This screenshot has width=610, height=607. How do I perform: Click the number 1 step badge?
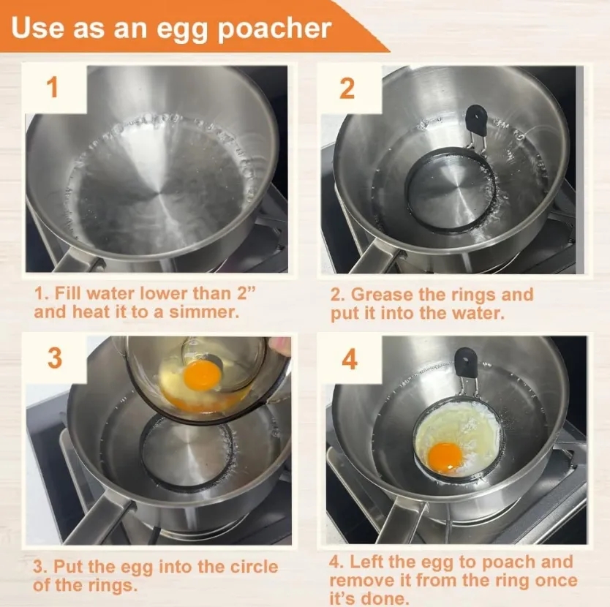pyautogui.click(x=52, y=88)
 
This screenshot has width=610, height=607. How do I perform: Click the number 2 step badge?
pyautogui.click(x=347, y=88)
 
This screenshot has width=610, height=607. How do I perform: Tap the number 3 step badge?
pyautogui.click(x=55, y=358)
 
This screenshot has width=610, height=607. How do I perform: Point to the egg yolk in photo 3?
pyautogui.click(x=201, y=374)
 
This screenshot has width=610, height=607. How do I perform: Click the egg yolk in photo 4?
pyautogui.click(x=445, y=456)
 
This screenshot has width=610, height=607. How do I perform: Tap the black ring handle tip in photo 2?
pyautogui.click(x=476, y=116)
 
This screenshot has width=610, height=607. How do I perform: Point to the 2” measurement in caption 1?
pyautogui.click(x=249, y=293)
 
